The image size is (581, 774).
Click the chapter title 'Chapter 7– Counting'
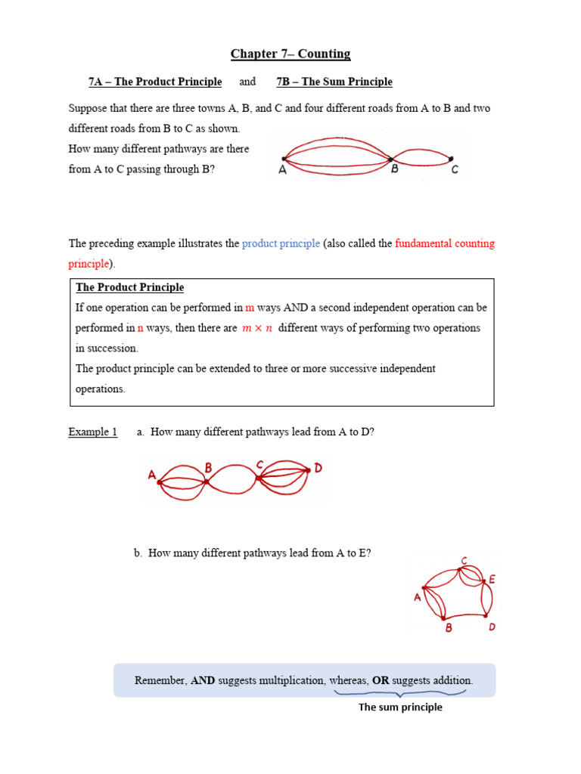pyautogui.click(x=290, y=54)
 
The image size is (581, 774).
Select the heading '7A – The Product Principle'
pyautogui.click(x=155, y=82)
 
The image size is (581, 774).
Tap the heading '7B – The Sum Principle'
pyautogui.click(x=334, y=82)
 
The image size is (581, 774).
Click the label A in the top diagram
pyautogui.click(x=282, y=171)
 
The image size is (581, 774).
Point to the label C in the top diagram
pyautogui.click(x=455, y=171)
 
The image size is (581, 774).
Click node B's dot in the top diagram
pyautogui.click(x=391, y=159)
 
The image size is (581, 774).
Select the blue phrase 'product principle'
pyautogui.click(x=281, y=244)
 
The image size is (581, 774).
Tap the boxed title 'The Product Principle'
pyautogui.click(x=129, y=288)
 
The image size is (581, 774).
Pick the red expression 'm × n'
pyautogui.click(x=257, y=328)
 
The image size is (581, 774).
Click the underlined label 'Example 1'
pyautogui.click(x=92, y=432)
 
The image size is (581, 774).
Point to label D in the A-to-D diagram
pyautogui.click(x=318, y=469)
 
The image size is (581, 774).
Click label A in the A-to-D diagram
pyautogui.click(x=152, y=475)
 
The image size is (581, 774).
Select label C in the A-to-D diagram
pyautogui.click(x=259, y=465)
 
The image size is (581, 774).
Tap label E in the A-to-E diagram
pyautogui.click(x=492, y=580)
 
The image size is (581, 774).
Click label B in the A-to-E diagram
pyautogui.click(x=449, y=628)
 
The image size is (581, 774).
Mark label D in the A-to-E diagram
pyautogui.click(x=492, y=627)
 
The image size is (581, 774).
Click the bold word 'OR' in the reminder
pyautogui.click(x=381, y=680)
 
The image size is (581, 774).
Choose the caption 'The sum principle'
pyautogui.click(x=400, y=707)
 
